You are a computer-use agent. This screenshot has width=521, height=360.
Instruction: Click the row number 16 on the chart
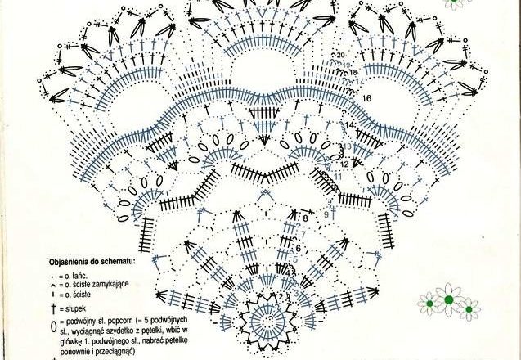pyautogui.click(x=366, y=98)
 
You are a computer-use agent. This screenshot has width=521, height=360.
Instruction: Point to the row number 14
pyautogui.click(x=350, y=124)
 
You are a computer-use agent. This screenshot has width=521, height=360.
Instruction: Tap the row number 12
pyautogui.click(x=344, y=164)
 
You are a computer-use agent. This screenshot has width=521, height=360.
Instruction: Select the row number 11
pyautogui.click(x=337, y=176)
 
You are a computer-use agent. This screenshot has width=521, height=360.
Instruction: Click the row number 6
pyautogui.click(x=299, y=248)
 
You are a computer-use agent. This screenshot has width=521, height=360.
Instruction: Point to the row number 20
pyautogui.click(x=339, y=54)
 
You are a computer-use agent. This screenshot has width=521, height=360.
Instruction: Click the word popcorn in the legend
pyautogui.click(x=128, y=319)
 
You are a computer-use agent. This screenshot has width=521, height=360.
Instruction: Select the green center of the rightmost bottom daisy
pyautogui.click(x=469, y=308)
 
